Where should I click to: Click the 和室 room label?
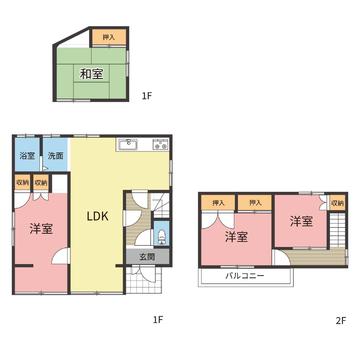click(91, 74)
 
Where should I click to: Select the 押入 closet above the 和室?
click(109, 37)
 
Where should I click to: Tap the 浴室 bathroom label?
click(27, 156)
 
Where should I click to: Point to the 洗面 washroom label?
click(55, 156)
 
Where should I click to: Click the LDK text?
click(98, 217)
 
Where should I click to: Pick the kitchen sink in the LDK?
click(128, 145)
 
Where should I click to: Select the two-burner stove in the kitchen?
click(160, 145)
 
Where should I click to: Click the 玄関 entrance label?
click(147, 257)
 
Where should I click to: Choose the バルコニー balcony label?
click(245, 276)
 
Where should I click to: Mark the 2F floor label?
click(341, 320)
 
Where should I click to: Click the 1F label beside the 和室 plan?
click(147, 96)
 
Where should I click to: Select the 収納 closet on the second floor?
click(338, 203)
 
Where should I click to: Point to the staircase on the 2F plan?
click(337, 231)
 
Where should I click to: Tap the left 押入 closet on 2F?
click(219, 203)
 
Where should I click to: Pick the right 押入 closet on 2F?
click(255, 203)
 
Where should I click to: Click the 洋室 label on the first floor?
click(41, 229)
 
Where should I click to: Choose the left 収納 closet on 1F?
click(23, 183)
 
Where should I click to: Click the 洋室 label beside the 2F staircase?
click(301, 221)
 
